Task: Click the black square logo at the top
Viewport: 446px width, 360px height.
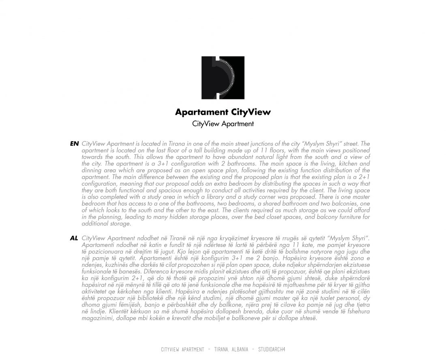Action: [223, 77]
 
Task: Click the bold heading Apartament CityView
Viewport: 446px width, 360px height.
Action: [223, 112]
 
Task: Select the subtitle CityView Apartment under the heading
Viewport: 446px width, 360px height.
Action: [223, 124]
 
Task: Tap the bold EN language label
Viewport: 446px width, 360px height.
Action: [74, 144]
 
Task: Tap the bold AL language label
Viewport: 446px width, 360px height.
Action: [74, 238]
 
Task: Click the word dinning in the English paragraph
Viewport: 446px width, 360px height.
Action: [92, 170]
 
